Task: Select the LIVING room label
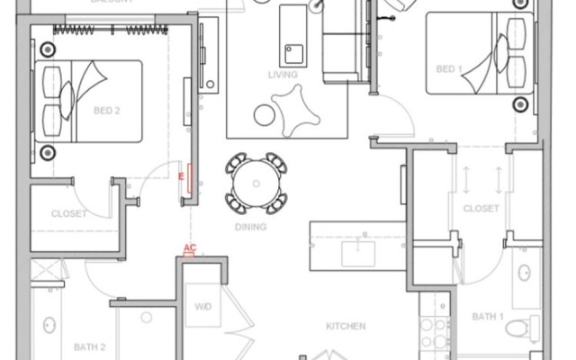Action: tap(282, 75)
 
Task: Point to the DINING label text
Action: tap(250, 227)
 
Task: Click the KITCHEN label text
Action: tap(346, 326)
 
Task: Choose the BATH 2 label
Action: tap(90, 346)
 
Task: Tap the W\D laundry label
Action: tap(203, 307)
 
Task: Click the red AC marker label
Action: tap(190, 247)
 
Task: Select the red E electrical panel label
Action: tap(182, 175)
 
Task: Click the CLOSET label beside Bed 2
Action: tap(70, 213)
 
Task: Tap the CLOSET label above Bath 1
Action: tap(481, 208)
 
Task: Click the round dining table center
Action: tap(256, 184)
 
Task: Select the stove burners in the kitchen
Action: tap(435, 334)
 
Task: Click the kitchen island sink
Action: tap(364, 251)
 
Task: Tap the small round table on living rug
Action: tap(265, 114)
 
